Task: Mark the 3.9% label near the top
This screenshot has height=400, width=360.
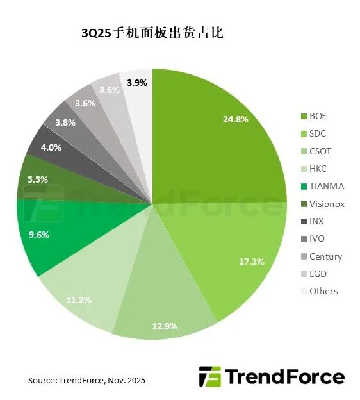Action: [x=137, y=82]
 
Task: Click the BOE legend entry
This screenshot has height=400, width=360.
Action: [x=318, y=117]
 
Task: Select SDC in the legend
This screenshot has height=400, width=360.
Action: [x=318, y=134]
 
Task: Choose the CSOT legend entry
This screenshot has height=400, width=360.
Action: [x=320, y=152]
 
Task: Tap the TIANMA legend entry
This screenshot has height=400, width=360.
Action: [x=326, y=187]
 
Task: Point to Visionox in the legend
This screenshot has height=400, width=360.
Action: [x=327, y=204]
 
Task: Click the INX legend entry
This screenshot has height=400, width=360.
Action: [x=317, y=222]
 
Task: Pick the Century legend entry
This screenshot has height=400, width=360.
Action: [x=325, y=256]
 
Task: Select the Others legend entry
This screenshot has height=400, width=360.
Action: [x=323, y=291]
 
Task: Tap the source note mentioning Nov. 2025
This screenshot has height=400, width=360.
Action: [x=86, y=381]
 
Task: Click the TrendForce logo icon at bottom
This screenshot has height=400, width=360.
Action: [x=210, y=377]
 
